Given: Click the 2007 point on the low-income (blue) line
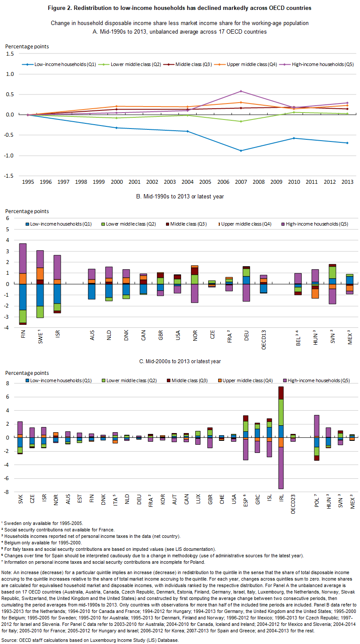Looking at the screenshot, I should (x=241, y=151).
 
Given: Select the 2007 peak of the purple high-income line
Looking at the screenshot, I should (x=241, y=91).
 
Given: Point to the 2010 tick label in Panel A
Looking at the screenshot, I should (x=294, y=182).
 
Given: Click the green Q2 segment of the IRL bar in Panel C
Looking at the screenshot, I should (x=281, y=412).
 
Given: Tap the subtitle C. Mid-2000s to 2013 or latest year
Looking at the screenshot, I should (x=180, y=361).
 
